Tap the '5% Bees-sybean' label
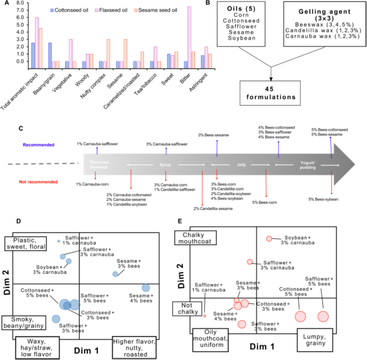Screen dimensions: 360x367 tap(323, 199)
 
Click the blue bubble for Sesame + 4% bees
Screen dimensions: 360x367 tap(146, 288)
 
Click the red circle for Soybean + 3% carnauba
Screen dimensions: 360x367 tap(269, 239)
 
